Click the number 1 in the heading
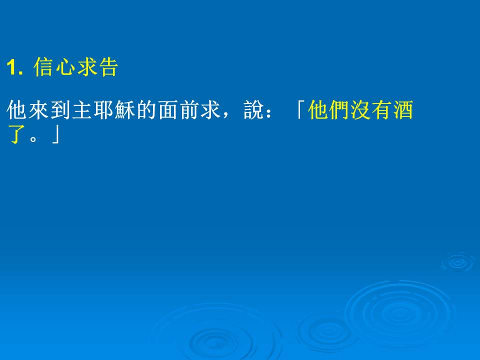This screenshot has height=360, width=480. [x=11, y=67]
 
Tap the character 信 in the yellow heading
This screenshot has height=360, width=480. [x=43, y=66]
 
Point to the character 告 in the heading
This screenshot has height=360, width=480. [x=108, y=66]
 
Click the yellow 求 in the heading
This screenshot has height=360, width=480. [x=87, y=66]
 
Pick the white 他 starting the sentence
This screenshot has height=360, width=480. [x=16, y=109]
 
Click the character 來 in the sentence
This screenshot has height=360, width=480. [x=38, y=109]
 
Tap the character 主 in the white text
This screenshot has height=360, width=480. [x=82, y=109]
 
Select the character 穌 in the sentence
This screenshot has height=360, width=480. [x=125, y=109]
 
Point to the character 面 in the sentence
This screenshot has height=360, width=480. [x=168, y=109]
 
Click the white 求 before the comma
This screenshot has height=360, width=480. [x=211, y=109]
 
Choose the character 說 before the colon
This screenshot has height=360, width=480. [x=254, y=109]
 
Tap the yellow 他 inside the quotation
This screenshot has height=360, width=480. [x=318, y=109]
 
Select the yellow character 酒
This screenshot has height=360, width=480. [x=403, y=109]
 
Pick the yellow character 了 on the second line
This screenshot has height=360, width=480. [x=16, y=134]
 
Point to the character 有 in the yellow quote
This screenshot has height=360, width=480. [x=382, y=109]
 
